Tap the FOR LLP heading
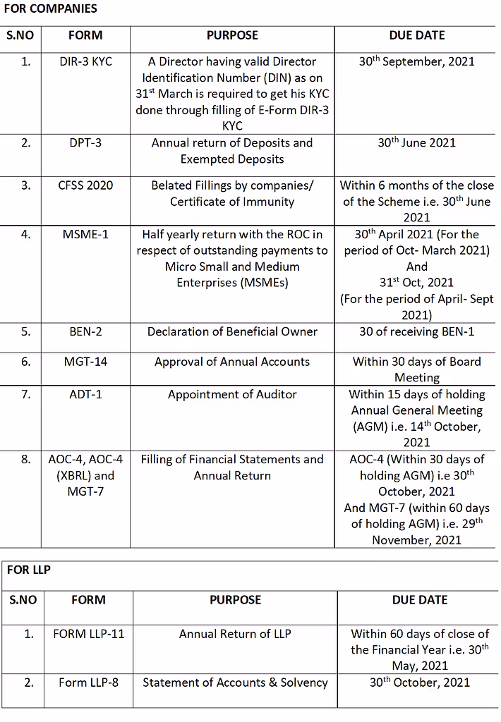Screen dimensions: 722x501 point(29,569)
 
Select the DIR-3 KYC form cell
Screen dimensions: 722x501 point(85,61)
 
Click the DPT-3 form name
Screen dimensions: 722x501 point(85,142)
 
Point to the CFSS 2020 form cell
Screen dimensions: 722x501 point(85,185)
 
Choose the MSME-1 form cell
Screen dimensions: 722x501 point(85,234)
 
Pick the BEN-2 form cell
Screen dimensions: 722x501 point(85,331)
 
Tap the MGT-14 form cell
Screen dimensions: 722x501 point(85,362)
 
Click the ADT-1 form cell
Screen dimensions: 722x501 point(85,394)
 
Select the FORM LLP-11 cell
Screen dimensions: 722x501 point(88,633)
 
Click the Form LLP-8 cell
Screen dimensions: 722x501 point(88,682)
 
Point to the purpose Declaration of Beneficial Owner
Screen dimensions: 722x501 point(232,331)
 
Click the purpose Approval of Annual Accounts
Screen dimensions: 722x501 point(232,362)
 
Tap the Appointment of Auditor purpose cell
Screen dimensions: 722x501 point(232,394)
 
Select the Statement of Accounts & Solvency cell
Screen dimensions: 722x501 point(235,682)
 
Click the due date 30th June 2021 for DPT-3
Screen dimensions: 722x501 point(416,142)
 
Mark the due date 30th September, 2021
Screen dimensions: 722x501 point(416,61)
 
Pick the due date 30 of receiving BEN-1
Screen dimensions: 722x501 point(416,331)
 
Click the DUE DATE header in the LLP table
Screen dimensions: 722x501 point(419,600)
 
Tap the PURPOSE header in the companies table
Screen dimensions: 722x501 point(232,35)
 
